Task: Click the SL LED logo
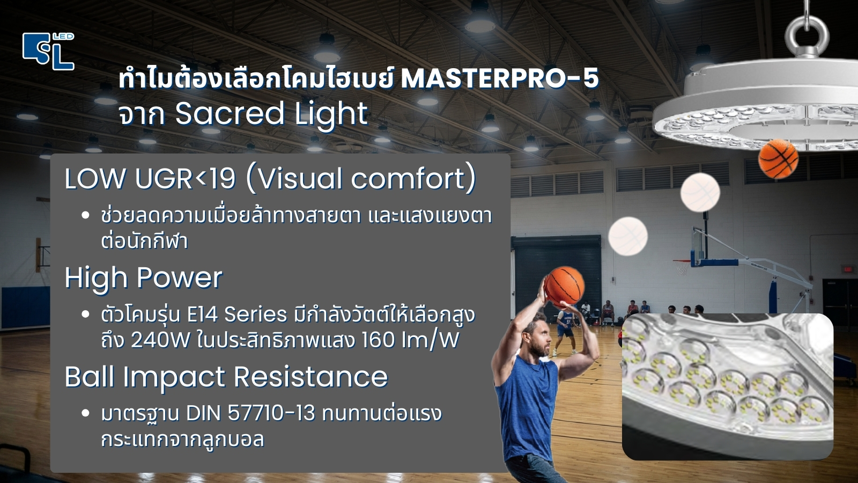[x=48, y=52]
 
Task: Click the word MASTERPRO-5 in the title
[x=499, y=78]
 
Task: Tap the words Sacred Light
[x=271, y=114]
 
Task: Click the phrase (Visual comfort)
[x=360, y=179]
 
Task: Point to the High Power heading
[x=143, y=277]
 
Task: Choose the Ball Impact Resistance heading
[x=226, y=377]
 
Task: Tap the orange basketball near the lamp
[x=778, y=158]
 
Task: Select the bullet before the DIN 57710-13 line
[x=86, y=414]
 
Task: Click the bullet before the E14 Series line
[x=86, y=314]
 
